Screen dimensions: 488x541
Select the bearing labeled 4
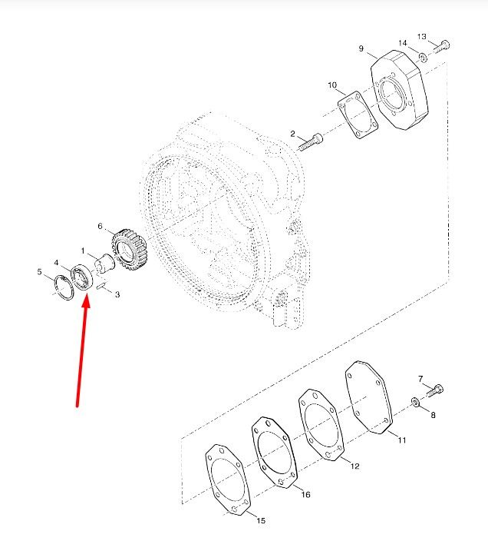[x=82, y=277]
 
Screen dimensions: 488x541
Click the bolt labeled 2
[x=310, y=142]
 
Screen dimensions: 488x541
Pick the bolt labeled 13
[x=441, y=46]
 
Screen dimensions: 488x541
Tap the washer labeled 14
[x=423, y=58]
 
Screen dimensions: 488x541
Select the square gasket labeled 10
[x=358, y=115]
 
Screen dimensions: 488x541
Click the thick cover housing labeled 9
[x=400, y=91]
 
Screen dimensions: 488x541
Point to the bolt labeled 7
[x=435, y=390]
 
